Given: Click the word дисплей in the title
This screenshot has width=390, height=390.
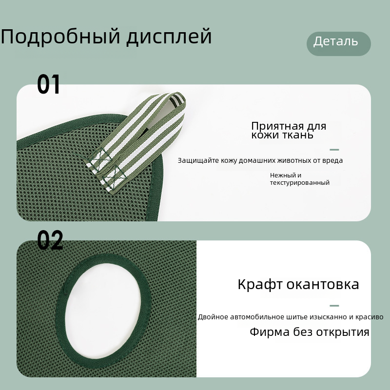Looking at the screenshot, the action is coord(169,37).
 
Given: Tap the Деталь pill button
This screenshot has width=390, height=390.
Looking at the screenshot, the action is coord(338,43).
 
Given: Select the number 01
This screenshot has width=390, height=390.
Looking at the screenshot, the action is coord(48,84).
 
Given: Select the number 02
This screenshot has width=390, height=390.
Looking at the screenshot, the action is coord(50,240).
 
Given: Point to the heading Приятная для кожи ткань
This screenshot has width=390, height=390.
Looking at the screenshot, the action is coord(289,130).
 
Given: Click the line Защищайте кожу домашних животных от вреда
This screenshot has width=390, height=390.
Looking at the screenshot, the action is coord(260,160).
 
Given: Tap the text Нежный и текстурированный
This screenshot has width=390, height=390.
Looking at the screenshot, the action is coord(300,179).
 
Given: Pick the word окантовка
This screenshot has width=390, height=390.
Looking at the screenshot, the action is coord(323,284).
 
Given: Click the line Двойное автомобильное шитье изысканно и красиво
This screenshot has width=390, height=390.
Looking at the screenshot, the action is coord(291,317).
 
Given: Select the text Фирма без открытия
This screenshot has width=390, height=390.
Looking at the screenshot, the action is coord(310,332).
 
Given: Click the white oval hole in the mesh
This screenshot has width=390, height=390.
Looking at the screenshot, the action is coord(103,311).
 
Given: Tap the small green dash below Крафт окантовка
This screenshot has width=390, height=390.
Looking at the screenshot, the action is coord(334,306).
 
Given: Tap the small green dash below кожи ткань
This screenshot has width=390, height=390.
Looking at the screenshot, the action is coord(334,150).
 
